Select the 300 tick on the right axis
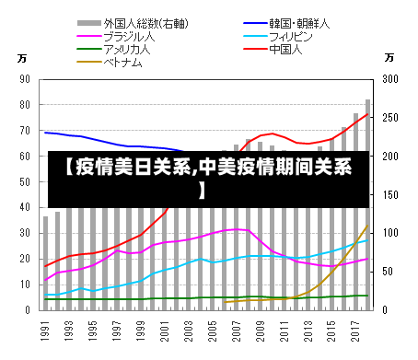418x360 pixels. point(390,80)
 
